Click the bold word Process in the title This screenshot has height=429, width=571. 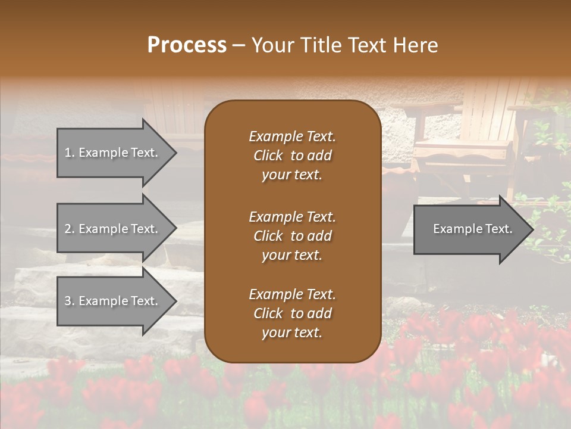pyautogui.click(x=187, y=45)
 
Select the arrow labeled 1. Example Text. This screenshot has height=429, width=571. pyautogui.click(x=113, y=153)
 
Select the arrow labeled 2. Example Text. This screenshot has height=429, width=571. pyautogui.click(x=113, y=229)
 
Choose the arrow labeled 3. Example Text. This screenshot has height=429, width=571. pyautogui.click(x=113, y=301)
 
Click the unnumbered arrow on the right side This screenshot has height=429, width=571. pyautogui.click(x=470, y=229)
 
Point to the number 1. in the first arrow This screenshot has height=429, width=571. pyautogui.click(x=70, y=153)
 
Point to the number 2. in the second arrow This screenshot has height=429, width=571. pyautogui.click(x=70, y=229)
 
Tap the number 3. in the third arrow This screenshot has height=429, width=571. pyautogui.click(x=70, y=301)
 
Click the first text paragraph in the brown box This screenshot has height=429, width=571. pyautogui.click(x=292, y=156)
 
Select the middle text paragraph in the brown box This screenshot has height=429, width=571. pyautogui.click(x=292, y=236)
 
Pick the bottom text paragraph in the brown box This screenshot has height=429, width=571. pyautogui.click(x=292, y=313)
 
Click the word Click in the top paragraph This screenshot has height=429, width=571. pyautogui.click(x=268, y=156)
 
